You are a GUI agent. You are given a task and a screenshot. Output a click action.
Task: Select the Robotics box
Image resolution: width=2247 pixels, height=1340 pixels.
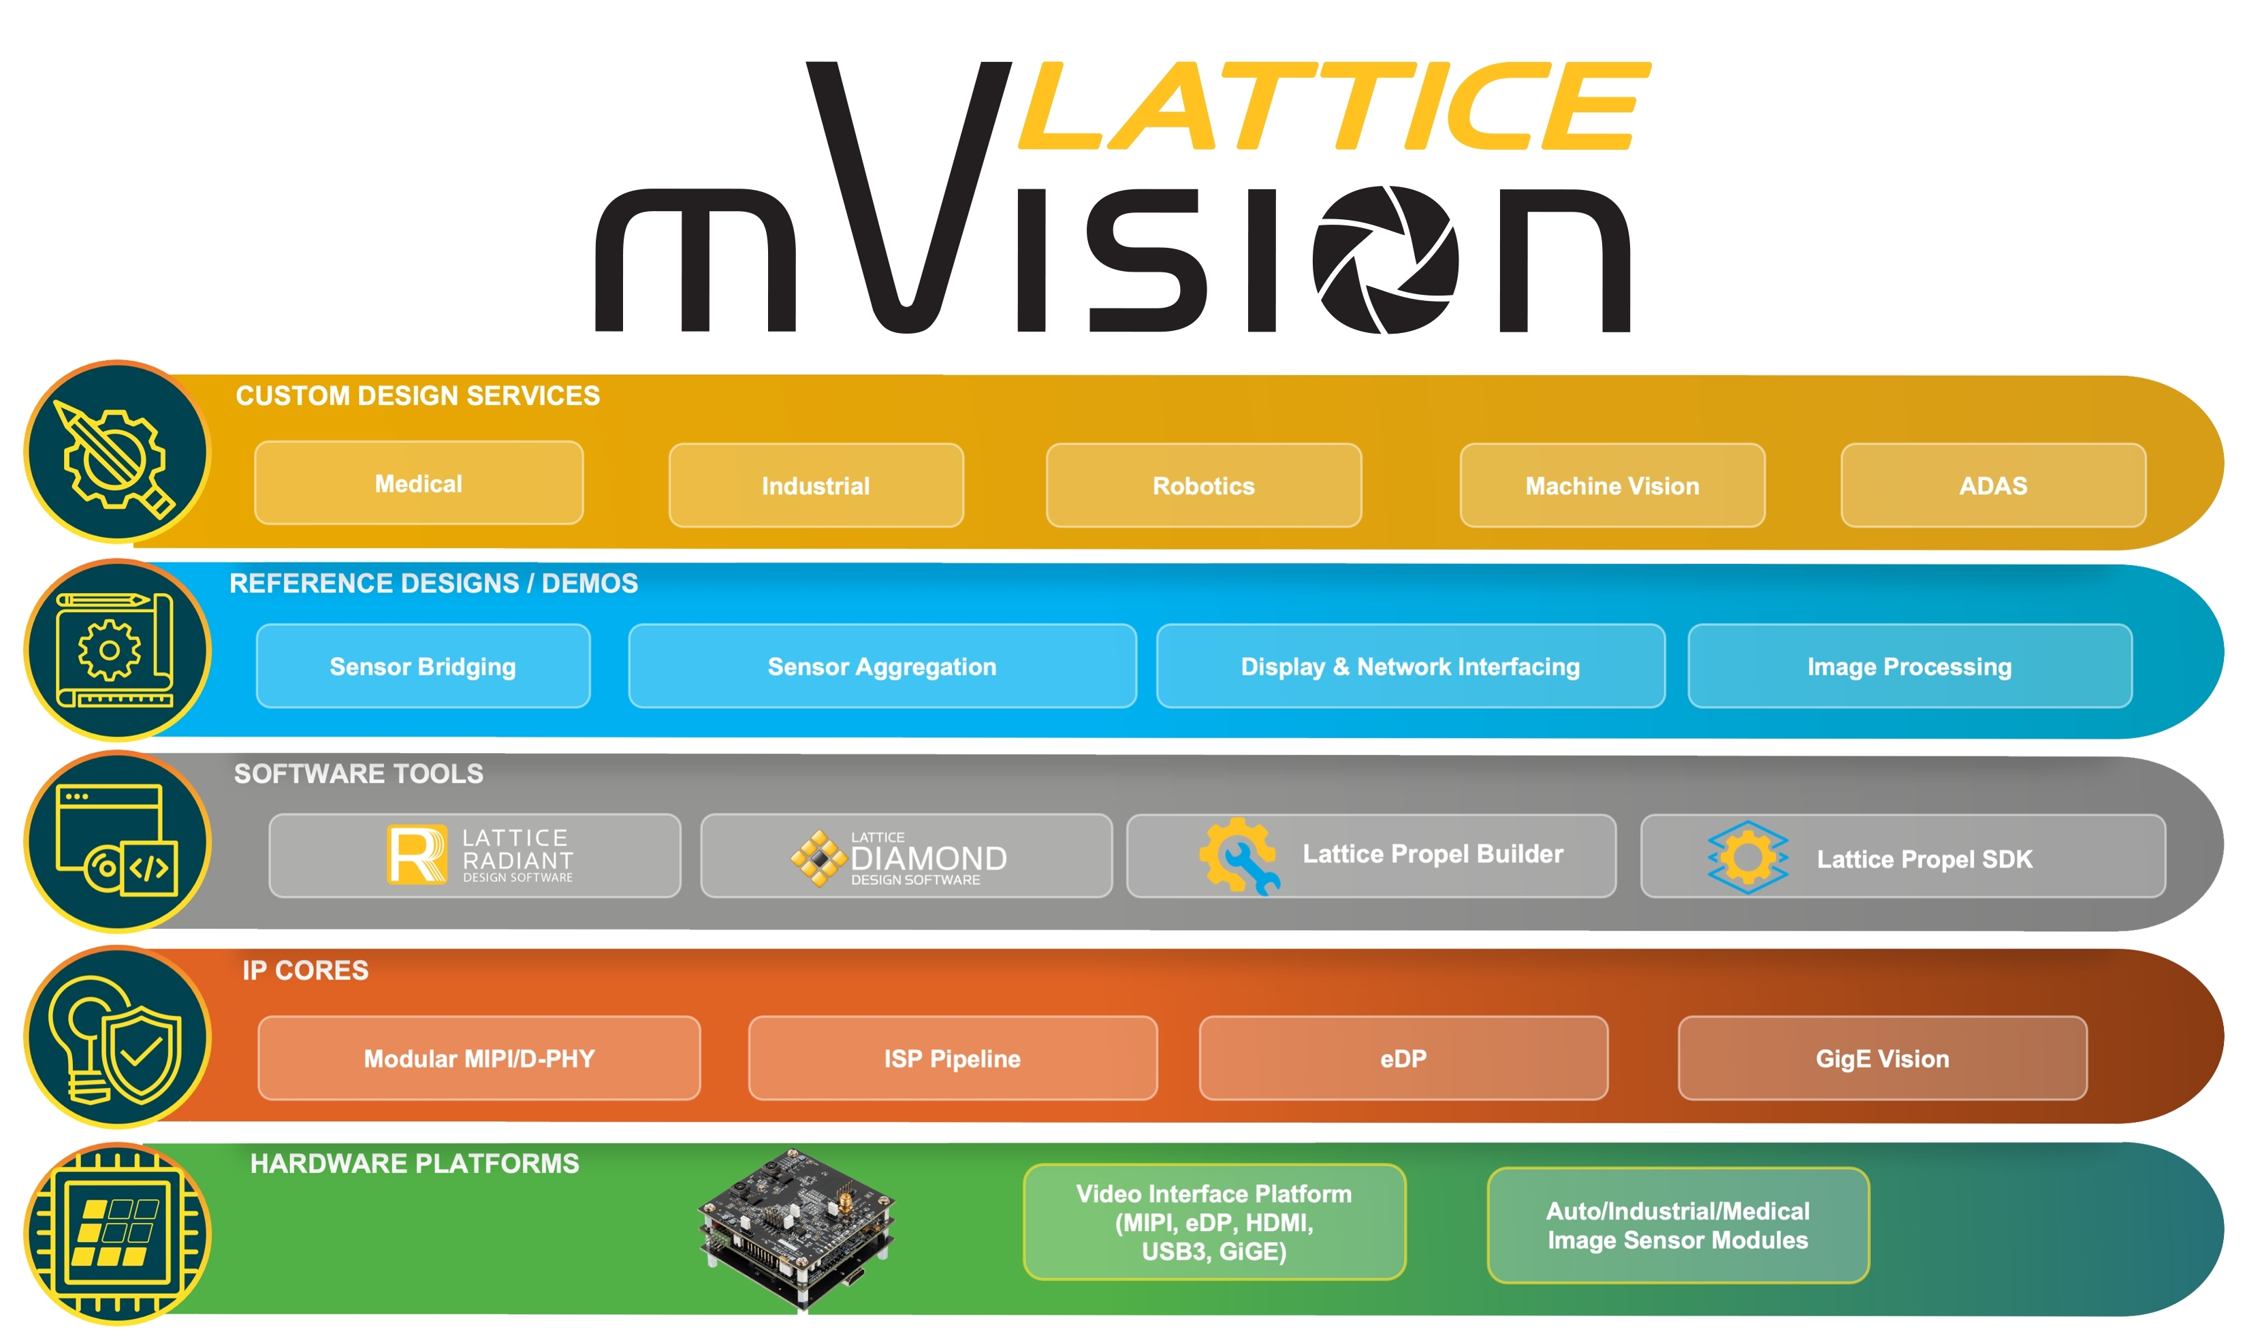1202,485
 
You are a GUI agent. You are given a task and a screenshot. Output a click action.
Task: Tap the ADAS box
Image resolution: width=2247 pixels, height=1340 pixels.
1992,485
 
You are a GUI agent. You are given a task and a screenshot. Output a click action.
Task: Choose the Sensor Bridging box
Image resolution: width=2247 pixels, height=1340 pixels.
422,667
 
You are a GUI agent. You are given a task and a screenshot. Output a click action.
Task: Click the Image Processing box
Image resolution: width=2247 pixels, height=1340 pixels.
1909,667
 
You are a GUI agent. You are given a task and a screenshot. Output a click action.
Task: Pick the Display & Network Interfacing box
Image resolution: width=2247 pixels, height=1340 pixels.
1409,667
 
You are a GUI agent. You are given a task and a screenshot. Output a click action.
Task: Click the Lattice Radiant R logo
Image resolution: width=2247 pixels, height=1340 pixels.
416,855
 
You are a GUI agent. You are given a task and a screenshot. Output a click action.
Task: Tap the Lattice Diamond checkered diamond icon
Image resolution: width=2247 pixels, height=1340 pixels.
818,858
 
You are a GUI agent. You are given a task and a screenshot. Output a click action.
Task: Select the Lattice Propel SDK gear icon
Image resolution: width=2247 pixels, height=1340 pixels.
1747,857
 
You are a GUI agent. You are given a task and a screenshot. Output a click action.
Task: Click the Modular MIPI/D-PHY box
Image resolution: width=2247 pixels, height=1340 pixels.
479,1058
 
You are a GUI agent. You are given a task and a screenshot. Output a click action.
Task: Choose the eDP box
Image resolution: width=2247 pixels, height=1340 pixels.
1402,1058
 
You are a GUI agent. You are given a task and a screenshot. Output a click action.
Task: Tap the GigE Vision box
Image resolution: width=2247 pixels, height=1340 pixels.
1881,1058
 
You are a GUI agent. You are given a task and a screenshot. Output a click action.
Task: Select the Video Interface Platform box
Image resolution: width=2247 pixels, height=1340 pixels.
1213,1222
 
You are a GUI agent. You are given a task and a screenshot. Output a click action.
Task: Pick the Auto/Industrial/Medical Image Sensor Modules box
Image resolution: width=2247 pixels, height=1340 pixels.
1677,1226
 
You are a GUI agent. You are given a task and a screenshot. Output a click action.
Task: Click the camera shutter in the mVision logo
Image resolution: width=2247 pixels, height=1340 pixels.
1385,260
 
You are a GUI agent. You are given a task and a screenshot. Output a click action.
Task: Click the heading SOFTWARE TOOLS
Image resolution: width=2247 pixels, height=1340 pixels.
358,774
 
